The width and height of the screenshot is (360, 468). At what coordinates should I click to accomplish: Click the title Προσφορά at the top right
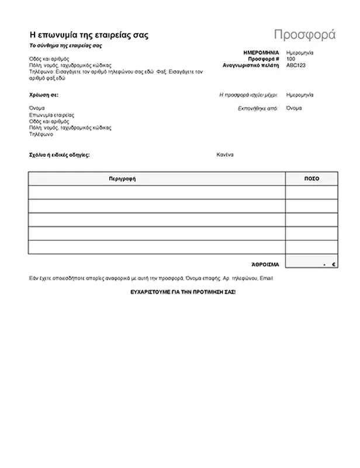(304, 33)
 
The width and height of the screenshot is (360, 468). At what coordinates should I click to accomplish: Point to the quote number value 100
(290, 59)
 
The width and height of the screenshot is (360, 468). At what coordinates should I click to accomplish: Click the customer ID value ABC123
(295, 66)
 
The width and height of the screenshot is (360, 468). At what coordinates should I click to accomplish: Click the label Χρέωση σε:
(44, 94)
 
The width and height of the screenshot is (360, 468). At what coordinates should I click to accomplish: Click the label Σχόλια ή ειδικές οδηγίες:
(60, 156)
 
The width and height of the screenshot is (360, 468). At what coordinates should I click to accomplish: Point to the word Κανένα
(225, 155)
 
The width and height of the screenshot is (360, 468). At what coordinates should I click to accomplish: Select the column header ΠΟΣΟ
(311, 178)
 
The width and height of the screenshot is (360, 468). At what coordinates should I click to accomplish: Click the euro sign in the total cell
(334, 265)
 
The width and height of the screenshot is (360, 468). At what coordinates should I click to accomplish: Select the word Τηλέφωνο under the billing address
(41, 134)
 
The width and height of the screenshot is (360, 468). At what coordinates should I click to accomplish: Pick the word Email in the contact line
(266, 278)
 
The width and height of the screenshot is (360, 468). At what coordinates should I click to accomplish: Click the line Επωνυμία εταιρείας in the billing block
(52, 115)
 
